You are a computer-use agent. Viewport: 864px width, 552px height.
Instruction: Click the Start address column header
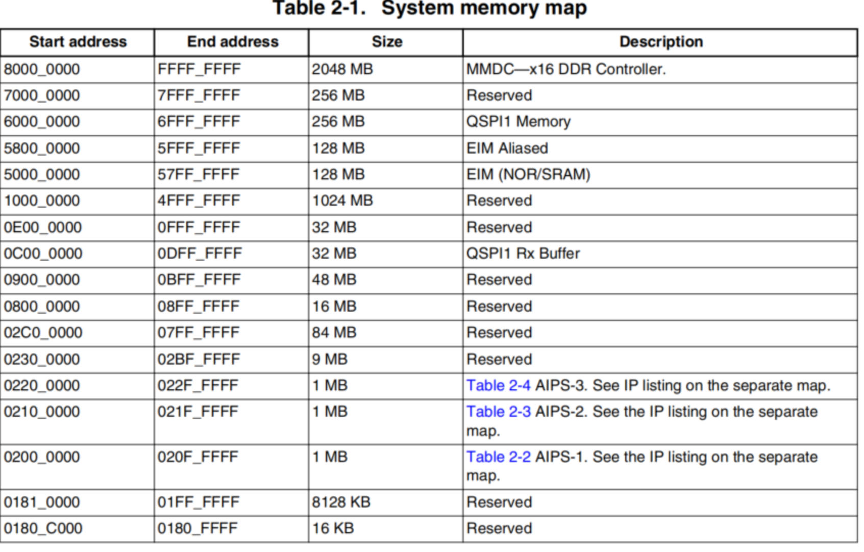(x=78, y=42)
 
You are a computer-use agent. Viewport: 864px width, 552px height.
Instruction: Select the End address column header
(x=233, y=42)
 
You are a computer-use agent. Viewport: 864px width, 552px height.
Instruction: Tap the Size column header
(x=387, y=42)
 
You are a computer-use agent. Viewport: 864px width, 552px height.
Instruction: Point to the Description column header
(x=661, y=42)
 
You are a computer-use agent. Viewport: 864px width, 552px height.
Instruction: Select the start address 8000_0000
(x=42, y=69)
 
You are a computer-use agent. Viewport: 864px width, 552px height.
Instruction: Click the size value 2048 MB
(x=342, y=69)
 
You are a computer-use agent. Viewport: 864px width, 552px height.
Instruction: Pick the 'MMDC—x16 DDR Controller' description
(x=566, y=69)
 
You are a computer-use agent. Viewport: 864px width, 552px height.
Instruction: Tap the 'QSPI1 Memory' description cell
(x=518, y=122)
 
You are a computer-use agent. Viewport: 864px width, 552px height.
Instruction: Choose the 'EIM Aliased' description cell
(x=507, y=148)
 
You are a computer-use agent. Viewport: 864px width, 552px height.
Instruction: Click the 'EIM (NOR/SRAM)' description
(x=528, y=174)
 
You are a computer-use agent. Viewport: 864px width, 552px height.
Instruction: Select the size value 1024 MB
(x=342, y=201)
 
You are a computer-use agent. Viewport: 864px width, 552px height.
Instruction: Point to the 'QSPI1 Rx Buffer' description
(x=523, y=254)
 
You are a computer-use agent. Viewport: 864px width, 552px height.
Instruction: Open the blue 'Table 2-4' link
(x=499, y=386)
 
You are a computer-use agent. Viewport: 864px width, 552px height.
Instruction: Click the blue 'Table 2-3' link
(x=499, y=412)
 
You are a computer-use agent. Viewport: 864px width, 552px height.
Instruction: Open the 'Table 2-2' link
(x=499, y=457)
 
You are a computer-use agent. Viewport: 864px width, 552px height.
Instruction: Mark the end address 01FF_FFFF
(x=198, y=503)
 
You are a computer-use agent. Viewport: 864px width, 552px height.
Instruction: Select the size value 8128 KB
(x=341, y=503)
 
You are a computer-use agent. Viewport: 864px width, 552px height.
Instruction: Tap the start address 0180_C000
(x=43, y=529)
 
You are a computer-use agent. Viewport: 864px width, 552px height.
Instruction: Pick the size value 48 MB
(x=334, y=280)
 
